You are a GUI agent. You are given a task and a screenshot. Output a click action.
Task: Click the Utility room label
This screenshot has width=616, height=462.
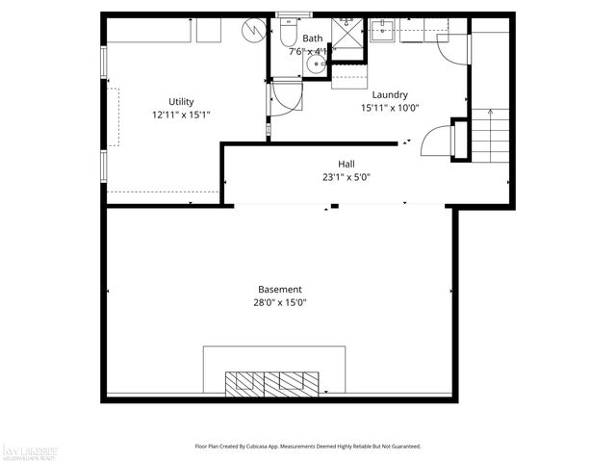click(181, 101)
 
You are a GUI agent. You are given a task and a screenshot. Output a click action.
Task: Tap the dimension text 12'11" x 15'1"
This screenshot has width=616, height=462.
click(181, 115)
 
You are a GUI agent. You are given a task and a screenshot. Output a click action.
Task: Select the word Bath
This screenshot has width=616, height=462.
click(313, 38)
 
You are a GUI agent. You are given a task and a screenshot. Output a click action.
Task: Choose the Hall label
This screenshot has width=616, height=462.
click(346, 164)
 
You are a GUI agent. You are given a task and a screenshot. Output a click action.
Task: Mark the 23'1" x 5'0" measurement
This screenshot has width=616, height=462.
click(346, 177)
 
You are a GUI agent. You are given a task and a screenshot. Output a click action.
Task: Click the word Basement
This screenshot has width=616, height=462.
click(280, 289)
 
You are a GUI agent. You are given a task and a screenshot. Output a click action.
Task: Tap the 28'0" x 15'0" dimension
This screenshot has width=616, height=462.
click(280, 302)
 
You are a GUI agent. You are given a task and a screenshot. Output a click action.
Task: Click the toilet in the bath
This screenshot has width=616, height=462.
click(288, 35)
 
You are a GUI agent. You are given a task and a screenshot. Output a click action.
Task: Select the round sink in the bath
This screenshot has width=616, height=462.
click(315, 65)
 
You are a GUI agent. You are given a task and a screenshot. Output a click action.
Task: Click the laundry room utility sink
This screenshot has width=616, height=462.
click(385, 31)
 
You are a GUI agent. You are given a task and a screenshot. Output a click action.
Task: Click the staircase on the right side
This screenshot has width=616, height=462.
click(491, 135)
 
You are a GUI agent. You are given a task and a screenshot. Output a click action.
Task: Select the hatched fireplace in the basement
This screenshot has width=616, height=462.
click(271, 383)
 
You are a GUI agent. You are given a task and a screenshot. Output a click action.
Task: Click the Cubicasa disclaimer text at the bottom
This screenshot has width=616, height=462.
click(308, 447)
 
